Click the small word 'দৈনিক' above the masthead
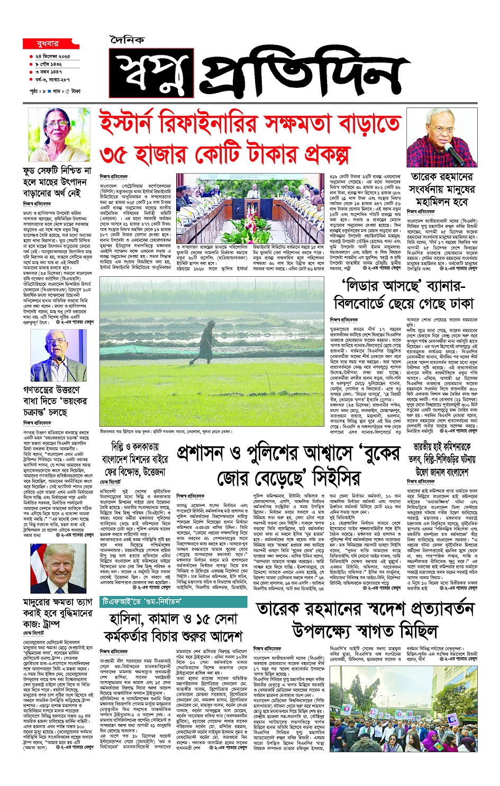click(128, 40)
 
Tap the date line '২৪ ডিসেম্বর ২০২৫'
click(52, 56)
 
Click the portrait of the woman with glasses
click(59, 134)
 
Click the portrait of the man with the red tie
click(58, 568)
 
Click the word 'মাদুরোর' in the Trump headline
click(44, 602)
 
